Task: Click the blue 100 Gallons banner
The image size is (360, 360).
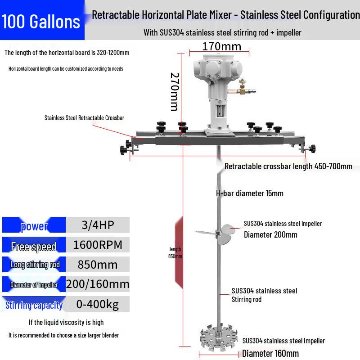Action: pyautogui.click(x=42, y=20)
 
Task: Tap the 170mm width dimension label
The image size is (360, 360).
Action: pyautogui.click(x=221, y=47)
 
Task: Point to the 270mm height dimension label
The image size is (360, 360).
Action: pyautogui.click(x=175, y=92)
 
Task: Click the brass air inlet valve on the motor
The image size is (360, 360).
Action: pyautogui.click(x=242, y=88)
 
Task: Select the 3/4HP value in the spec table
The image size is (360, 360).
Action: pyautogui.click(x=98, y=225)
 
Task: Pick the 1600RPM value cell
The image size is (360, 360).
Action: pyautogui.click(x=98, y=245)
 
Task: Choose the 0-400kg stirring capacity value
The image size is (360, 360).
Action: pyautogui.click(x=98, y=304)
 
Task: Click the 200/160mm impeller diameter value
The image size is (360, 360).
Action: pyautogui.click(x=98, y=284)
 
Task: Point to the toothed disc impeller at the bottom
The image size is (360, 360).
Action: pyautogui.click(x=219, y=337)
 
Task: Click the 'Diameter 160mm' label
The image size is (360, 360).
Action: pyautogui.click(x=270, y=353)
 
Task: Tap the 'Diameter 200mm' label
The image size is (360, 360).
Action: pyautogui.click(x=270, y=235)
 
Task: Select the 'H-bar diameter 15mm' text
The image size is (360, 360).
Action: pyautogui.click(x=250, y=193)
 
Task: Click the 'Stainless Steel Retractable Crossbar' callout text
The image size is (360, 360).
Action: pyautogui.click(x=84, y=118)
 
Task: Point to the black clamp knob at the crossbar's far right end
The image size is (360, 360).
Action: pyautogui.click(x=312, y=149)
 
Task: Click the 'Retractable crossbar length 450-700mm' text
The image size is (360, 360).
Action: pyautogui.click(x=288, y=166)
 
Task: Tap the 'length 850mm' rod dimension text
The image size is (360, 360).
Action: pyautogui.click(x=175, y=253)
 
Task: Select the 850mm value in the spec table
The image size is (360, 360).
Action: pyautogui.click(x=98, y=265)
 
